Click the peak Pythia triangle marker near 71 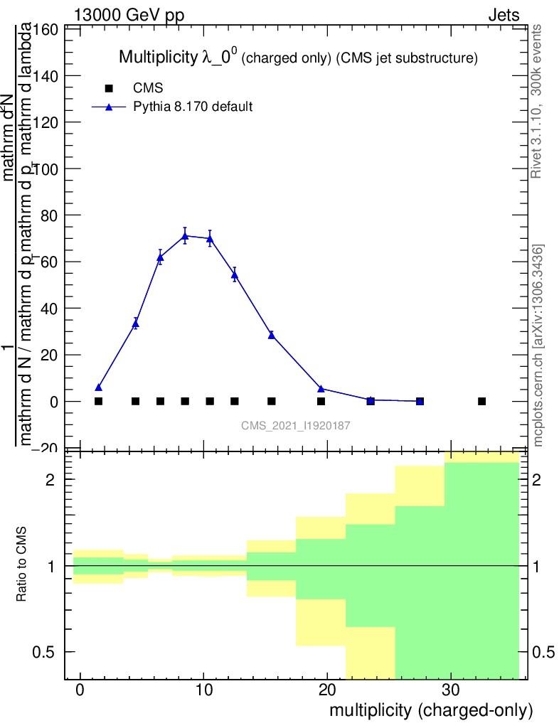point(185,235)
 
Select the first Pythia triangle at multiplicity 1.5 point(98,387)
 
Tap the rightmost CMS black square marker point(481,402)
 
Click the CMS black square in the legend point(109,89)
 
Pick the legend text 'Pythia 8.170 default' point(193,107)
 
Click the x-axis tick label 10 point(203,690)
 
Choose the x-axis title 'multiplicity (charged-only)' point(431,710)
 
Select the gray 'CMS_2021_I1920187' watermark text point(296,425)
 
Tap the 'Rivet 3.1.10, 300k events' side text point(538,100)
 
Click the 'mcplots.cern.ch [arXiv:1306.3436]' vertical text point(538,346)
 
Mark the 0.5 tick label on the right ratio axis point(545,652)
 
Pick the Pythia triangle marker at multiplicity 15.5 point(272,335)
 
